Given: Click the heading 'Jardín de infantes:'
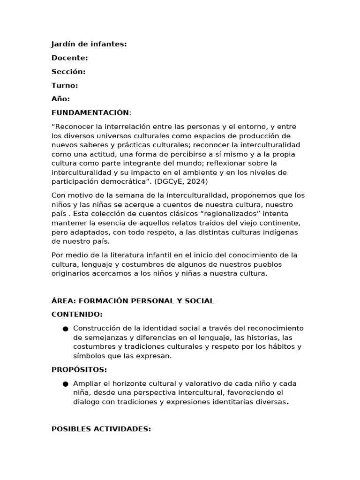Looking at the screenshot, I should click(89, 45).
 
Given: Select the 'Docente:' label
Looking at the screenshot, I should click(69, 58).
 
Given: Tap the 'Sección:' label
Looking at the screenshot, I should click(68, 72).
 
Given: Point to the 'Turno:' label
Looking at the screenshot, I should click(65, 85).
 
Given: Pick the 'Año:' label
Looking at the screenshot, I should click(60, 99).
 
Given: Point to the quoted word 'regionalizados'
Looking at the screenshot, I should click(218, 214).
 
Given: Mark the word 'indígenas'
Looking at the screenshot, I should click(282, 232).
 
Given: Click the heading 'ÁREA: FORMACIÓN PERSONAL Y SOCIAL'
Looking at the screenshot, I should click(133, 301).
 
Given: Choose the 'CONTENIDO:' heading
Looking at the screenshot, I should click(77, 315).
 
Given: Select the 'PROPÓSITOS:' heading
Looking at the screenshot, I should click(79, 370).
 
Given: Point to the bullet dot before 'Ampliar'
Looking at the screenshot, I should click(65, 384).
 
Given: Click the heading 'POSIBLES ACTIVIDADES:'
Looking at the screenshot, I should click(101, 429).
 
